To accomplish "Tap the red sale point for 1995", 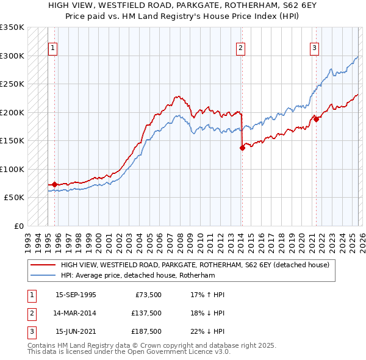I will coord(54,184).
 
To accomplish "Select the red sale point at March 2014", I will coord(242,147).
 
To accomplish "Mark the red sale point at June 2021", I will coord(316,119).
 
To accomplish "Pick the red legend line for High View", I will coord(43,265).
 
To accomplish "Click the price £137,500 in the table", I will coord(146,312).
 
